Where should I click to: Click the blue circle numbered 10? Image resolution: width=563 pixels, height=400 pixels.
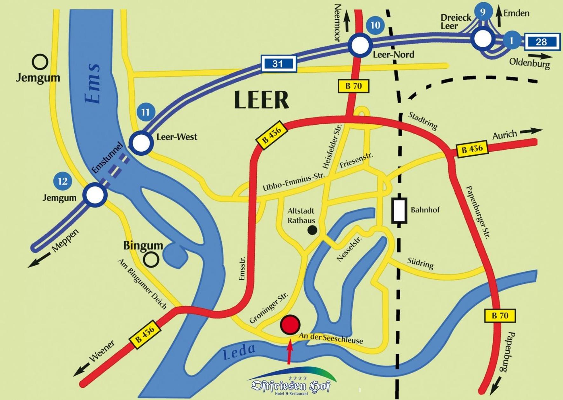coord(375,25)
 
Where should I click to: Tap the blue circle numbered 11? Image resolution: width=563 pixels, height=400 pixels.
coord(146,112)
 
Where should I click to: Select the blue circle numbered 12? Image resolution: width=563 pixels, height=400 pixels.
coord(63,181)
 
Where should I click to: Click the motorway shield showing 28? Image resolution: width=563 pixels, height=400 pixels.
coord(542,41)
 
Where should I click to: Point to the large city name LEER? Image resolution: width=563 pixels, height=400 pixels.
coord(261,100)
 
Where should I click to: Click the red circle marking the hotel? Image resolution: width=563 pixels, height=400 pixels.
coord(290,325)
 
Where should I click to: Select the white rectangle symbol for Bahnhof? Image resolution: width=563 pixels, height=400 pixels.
coord(399,210)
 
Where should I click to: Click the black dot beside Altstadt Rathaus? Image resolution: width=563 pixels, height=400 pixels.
coord(312,230)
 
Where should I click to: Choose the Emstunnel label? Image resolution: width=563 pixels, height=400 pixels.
coord(107,158)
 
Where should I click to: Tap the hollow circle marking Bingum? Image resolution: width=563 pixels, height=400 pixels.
coord(151,260)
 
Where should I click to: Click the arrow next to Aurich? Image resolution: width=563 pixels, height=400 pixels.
coord(531,131)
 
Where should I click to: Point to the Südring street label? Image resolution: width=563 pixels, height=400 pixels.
coord(420,263)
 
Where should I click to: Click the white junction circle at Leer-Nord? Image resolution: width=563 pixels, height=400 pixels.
coord(360,45)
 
